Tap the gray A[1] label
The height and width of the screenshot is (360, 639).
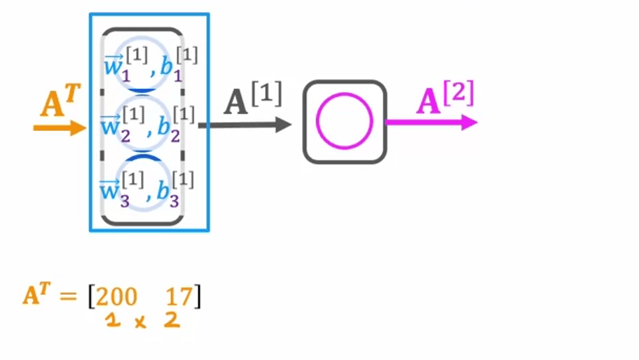(x=252, y=101)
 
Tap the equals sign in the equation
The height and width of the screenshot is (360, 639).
(x=67, y=297)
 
